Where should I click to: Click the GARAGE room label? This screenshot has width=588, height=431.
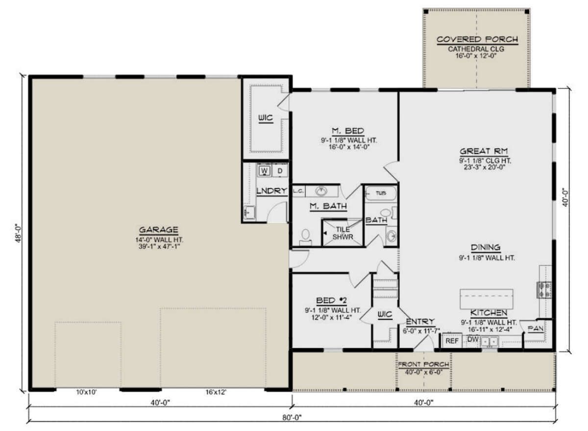[x=159, y=230]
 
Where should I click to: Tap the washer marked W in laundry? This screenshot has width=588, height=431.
[x=264, y=171]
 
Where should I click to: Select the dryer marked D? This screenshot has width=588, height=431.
[x=280, y=171]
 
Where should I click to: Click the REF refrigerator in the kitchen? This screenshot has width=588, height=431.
[x=452, y=341]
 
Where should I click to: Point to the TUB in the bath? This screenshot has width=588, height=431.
[x=381, y=193]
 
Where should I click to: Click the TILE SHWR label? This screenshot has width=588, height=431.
[x=343, y=233]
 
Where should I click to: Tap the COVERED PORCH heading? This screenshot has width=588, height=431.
[x=477, y=39]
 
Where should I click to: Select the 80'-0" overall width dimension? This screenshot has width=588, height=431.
[x=292, y=417]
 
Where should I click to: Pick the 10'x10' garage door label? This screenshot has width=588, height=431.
[x=87, y=392]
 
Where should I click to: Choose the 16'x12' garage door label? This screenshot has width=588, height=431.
[x=216, y=392]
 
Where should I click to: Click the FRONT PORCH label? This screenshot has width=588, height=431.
[x=423, y=364]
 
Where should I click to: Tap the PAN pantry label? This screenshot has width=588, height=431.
[x=536, y=328]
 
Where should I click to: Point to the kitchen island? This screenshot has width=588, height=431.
[x=487, y=299]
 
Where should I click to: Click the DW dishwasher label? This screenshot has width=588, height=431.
[x=473, y=339]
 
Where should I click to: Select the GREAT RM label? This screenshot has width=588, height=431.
[x=484, y=151]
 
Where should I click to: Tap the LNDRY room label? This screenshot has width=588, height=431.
[x=271, y=191]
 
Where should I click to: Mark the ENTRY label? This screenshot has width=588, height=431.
[x=420, y=322]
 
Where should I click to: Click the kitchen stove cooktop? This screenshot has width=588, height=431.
[x=544, y=290]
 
